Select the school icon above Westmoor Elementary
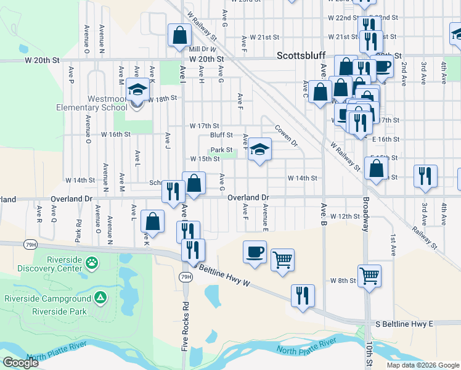(137, 90)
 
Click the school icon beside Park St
(259, 149)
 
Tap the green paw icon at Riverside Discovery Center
(91, 263)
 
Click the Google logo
(20, 363)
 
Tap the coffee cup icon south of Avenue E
(255, 252)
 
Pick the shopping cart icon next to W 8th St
(369, 276)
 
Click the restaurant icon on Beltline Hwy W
(303, 295)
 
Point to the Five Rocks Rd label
(185, 327)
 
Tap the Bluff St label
(221, 134)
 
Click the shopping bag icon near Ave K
(152, 222)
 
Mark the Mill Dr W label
(202, 49)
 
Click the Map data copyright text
(422, 365)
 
